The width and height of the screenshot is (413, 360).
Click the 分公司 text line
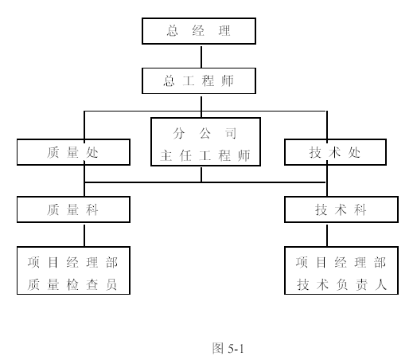(205, 133)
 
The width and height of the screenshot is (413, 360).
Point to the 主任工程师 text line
(205, 155)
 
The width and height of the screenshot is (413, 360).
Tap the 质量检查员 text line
(72, 284)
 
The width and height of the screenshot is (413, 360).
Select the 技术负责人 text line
(341, 284)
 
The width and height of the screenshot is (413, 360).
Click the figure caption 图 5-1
(228, 348)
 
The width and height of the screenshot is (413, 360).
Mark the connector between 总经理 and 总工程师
(201, 57)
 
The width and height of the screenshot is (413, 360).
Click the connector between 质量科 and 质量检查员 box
(84, 236)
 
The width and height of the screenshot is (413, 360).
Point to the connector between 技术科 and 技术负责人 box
(327, 236)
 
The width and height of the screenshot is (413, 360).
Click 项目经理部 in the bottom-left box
(72, 262)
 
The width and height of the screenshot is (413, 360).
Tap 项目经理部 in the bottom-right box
(341, 262)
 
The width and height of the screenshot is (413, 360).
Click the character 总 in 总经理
(173, 31)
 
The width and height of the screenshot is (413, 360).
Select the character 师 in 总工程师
(228, 80)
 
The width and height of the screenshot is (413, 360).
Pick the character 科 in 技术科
(360, 209)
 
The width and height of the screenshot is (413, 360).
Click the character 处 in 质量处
(92, 152)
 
